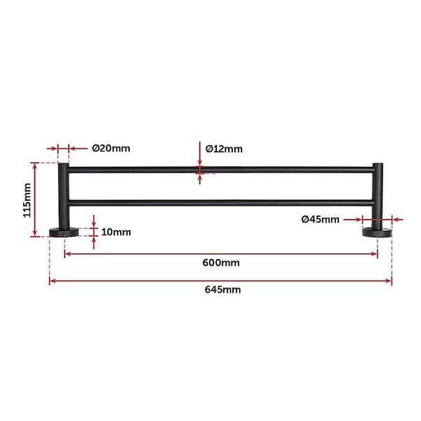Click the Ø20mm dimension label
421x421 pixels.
pyautogui.click(x=111, y=148)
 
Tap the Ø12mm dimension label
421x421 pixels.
pyautogui.click(x=224, y=149)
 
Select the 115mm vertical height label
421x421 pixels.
pyautogui.click(x=27, y=200)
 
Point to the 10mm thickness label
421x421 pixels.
pyautogui.click(x=116, y=232)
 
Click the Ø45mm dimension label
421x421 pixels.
pyautogui.click(x=321, y=220)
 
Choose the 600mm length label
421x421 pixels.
pyautogui.click(x=221, y=262)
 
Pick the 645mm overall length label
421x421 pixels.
pyautogui.click(x=222, y=290)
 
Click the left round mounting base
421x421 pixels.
pyautogui.click(x=64, y=232)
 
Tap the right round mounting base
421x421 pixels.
pyautogui.click(x=377, y=232)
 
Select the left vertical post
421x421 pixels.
pyautogui.click(x=64, y=196)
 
